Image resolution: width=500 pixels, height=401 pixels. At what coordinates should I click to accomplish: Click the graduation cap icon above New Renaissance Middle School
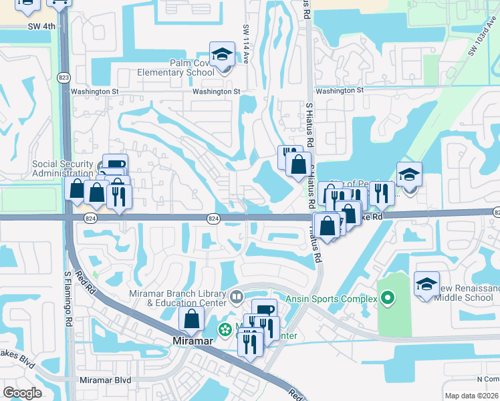[x=426, y=284]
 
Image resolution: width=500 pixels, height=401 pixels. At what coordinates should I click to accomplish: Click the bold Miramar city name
[x=191, y=341]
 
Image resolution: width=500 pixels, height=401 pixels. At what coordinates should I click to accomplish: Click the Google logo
[x=22, y=392]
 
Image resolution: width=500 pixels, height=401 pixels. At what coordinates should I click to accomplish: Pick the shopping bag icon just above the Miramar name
[x=192, y=319]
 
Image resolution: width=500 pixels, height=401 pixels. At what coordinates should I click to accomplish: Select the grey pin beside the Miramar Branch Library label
[x=237, y=296]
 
